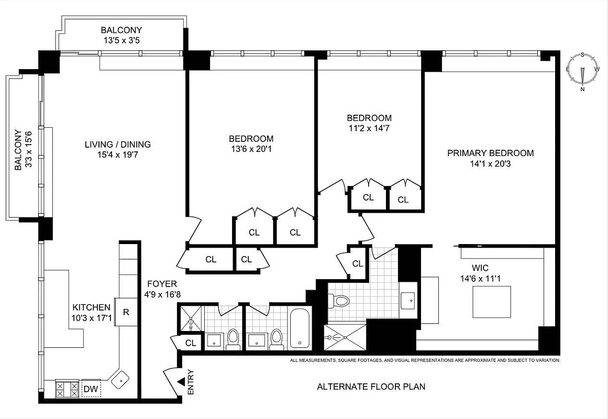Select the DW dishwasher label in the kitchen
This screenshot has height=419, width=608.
[91, 389]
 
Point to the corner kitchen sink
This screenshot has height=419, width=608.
[120, 378]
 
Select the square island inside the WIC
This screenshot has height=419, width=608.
[492, 302]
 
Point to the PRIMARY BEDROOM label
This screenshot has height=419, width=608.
[490, 153]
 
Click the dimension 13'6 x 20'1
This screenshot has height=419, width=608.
[251, 149]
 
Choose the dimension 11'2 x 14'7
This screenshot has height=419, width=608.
[369, 128]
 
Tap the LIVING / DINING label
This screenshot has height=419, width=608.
[118, 145]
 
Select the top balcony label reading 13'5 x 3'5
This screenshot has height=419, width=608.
[121, 40]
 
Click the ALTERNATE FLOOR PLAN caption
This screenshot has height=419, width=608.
[371, 387]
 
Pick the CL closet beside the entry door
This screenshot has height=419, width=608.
[191, 343]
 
